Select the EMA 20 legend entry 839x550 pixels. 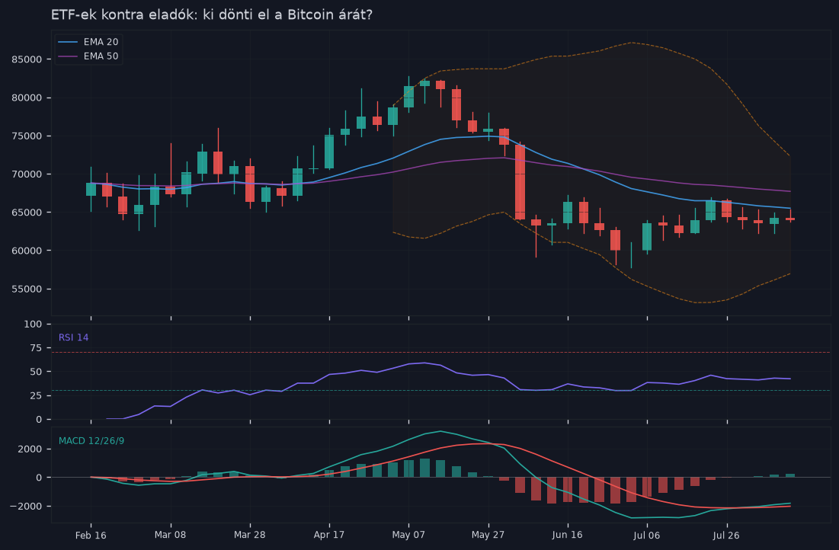coord(88,42)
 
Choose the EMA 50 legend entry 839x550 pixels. coord(88,56)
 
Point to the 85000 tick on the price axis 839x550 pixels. coord(27,59)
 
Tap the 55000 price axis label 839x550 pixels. coord(27,289)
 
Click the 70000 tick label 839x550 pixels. coord(27,174)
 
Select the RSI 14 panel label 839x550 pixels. coord(73,337)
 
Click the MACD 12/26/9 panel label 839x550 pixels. coord(91,441)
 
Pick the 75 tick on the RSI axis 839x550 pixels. coord(36,348)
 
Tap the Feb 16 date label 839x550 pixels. coord(91,535)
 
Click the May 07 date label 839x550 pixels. coord(408,535)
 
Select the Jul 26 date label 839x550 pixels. coord(727,535)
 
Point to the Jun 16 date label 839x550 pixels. coord(568,535)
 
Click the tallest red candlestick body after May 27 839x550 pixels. coord(520,182)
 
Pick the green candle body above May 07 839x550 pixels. coord(408,97)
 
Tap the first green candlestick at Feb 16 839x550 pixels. coord(91,190)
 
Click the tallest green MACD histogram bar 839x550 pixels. coord(425,468)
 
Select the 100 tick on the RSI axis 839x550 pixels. coord(34,325)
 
